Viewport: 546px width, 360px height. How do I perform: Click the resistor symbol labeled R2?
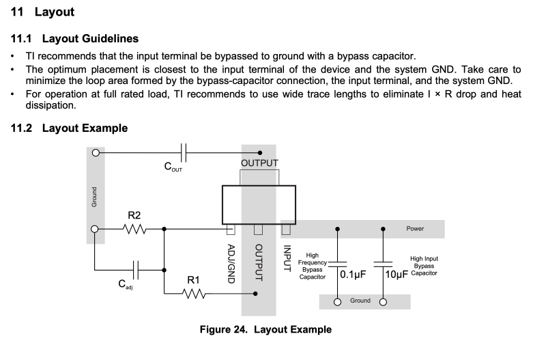(x=135, y=229)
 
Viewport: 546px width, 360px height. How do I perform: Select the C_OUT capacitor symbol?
(x=183, y=152)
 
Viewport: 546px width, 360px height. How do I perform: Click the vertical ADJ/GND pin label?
(x=231, y=264)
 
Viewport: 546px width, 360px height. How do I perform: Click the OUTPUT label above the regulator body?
(x=259, y=163)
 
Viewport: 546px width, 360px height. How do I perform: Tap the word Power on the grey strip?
(x=415, y=229)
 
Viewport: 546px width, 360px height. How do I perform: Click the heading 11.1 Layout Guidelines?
(x=75, y=39)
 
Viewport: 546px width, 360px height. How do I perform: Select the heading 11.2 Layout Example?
(x=69, y=128)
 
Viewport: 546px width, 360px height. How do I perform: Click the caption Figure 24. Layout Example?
(x=265, y=329)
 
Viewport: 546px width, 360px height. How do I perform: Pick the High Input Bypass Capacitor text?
(x=424, y=266)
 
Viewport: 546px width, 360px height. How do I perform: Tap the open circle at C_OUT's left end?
(x=96, y=152)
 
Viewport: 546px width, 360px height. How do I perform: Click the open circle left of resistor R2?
(x=96, y=229)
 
